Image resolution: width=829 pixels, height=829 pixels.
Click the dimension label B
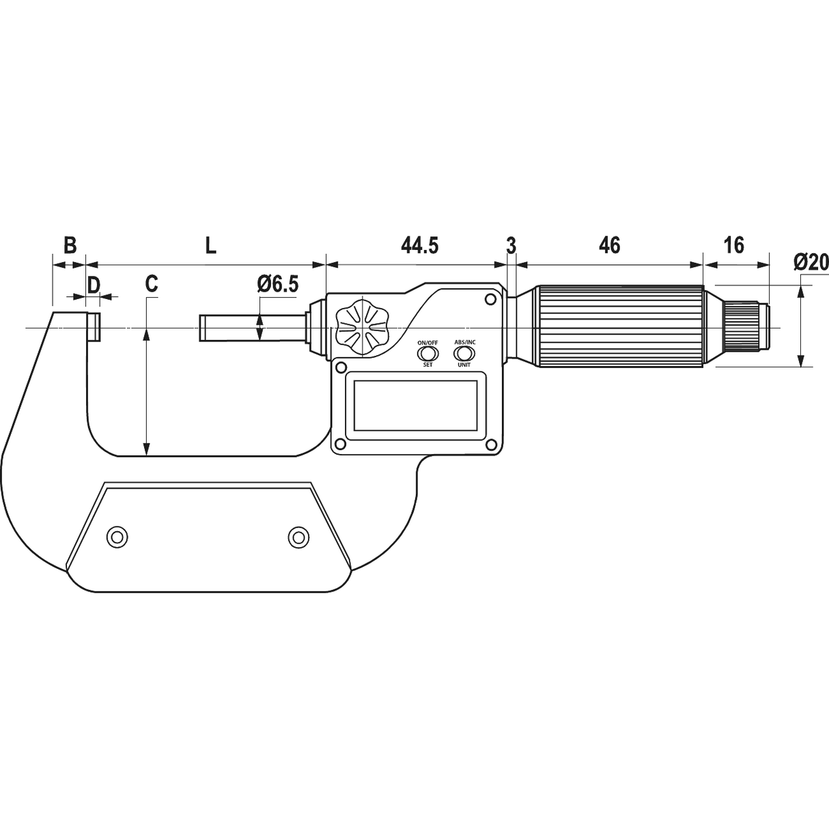(70, 245)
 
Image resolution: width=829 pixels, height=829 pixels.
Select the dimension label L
(210, 246)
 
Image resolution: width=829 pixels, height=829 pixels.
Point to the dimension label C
(152, 284)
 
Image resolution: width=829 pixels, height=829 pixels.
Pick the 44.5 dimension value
(419, 245)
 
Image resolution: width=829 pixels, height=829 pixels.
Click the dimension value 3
(511, 245)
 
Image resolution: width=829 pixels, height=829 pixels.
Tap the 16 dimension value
(733, 245)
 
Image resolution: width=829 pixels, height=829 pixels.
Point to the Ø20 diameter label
(811, 262)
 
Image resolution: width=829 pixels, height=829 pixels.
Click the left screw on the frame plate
(117, 537)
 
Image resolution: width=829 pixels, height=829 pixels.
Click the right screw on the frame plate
(298, 537)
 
